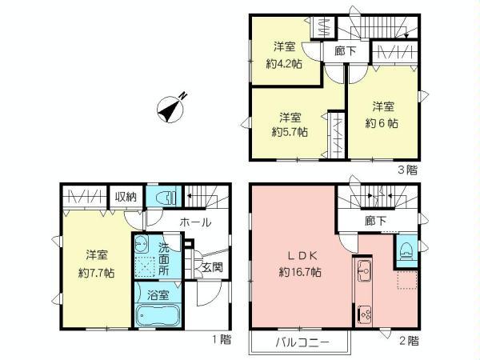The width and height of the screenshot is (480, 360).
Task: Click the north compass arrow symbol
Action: (170, 108)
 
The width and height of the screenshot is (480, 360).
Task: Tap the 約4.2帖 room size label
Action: (284, 65)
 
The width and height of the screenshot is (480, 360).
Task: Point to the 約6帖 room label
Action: (382, 123)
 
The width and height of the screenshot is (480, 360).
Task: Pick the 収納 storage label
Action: (126, 197)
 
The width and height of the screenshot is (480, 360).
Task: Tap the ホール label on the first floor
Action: (195, 222)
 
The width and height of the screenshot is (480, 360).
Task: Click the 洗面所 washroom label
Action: (164, 259)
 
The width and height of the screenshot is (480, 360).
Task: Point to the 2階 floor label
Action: (408, 340)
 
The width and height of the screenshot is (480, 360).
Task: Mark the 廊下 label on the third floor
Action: (334, 50)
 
